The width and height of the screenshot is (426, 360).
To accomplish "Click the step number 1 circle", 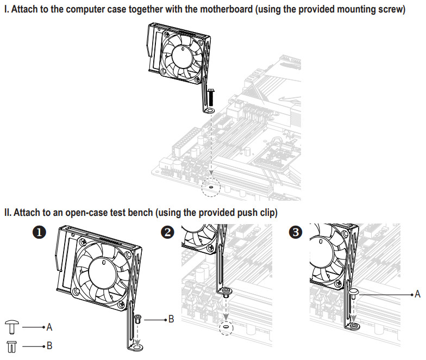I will tap(39, 232).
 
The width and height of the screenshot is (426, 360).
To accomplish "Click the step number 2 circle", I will tap(169, 232).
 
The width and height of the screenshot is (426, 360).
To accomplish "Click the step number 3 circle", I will tap(296, 232).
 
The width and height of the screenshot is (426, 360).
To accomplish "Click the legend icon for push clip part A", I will tap(12, 327).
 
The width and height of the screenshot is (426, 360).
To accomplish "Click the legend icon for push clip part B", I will tap(12, 345).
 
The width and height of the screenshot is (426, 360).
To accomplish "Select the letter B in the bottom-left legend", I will tap(49, 345).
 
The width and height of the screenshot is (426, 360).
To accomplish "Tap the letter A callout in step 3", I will tap(417, 294).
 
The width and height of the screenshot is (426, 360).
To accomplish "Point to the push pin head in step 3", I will tap(353, 292).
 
